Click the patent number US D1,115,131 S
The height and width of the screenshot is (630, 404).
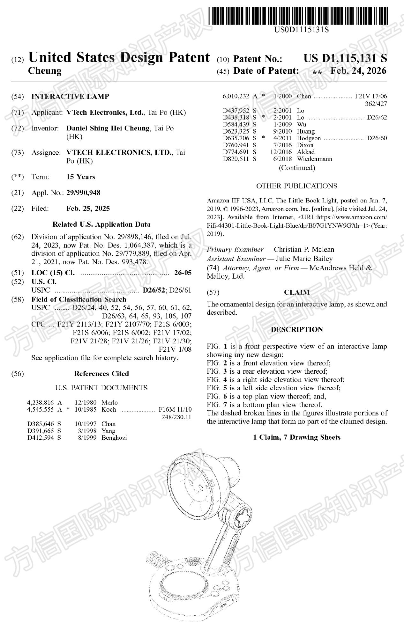(345, 58)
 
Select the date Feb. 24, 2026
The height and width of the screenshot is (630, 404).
(358, 71)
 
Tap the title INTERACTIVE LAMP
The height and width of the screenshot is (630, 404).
(70, 97)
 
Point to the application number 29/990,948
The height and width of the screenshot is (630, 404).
(83, 193)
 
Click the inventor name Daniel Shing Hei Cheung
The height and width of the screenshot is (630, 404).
(108, 128)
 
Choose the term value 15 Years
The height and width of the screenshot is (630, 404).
(81, 177)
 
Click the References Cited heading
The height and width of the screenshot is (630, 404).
(101, 374)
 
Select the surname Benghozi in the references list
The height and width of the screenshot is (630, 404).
(114, 438)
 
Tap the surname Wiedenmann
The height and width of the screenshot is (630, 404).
(314, 159)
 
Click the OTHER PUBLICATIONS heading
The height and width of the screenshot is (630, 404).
(297, 186)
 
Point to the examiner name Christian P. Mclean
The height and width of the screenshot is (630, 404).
(304, 249)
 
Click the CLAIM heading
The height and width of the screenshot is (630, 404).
(297, 292)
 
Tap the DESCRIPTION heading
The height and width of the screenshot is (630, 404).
(297, 329)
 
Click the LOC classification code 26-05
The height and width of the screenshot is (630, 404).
(183, 273)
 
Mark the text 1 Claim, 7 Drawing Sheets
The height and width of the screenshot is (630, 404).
(297, 437)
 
